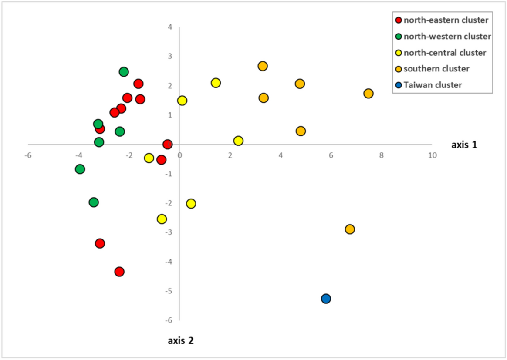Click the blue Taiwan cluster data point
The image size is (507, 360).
tap(326, 299)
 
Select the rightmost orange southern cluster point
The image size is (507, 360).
tap(368, 94)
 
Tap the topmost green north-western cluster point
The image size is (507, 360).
tap(124, 72)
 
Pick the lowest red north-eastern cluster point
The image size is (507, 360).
tap(119, 272)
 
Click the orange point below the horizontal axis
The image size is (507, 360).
tap(350, 229)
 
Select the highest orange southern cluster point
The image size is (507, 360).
tap(263, 66)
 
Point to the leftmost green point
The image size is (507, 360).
tap(80, 169)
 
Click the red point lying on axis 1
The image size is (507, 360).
tap(167, 144)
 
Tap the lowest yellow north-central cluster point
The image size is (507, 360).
tap(162, 219)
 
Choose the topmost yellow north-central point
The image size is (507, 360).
tap(216, 83)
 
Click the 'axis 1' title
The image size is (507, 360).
tap(464, 145)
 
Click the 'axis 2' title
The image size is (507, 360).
tap(181, 340)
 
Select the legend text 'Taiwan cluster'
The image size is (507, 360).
tap(433, 85)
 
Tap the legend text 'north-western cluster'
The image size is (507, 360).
tap(447, 36)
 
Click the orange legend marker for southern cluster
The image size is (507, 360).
tap(398, 69)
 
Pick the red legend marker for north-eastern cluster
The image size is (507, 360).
tap(398, 20)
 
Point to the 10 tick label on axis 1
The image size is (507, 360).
tap(432, 155)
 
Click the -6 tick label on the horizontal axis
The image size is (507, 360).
tap(28, 155)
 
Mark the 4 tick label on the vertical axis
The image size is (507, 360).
tap(170, 27)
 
